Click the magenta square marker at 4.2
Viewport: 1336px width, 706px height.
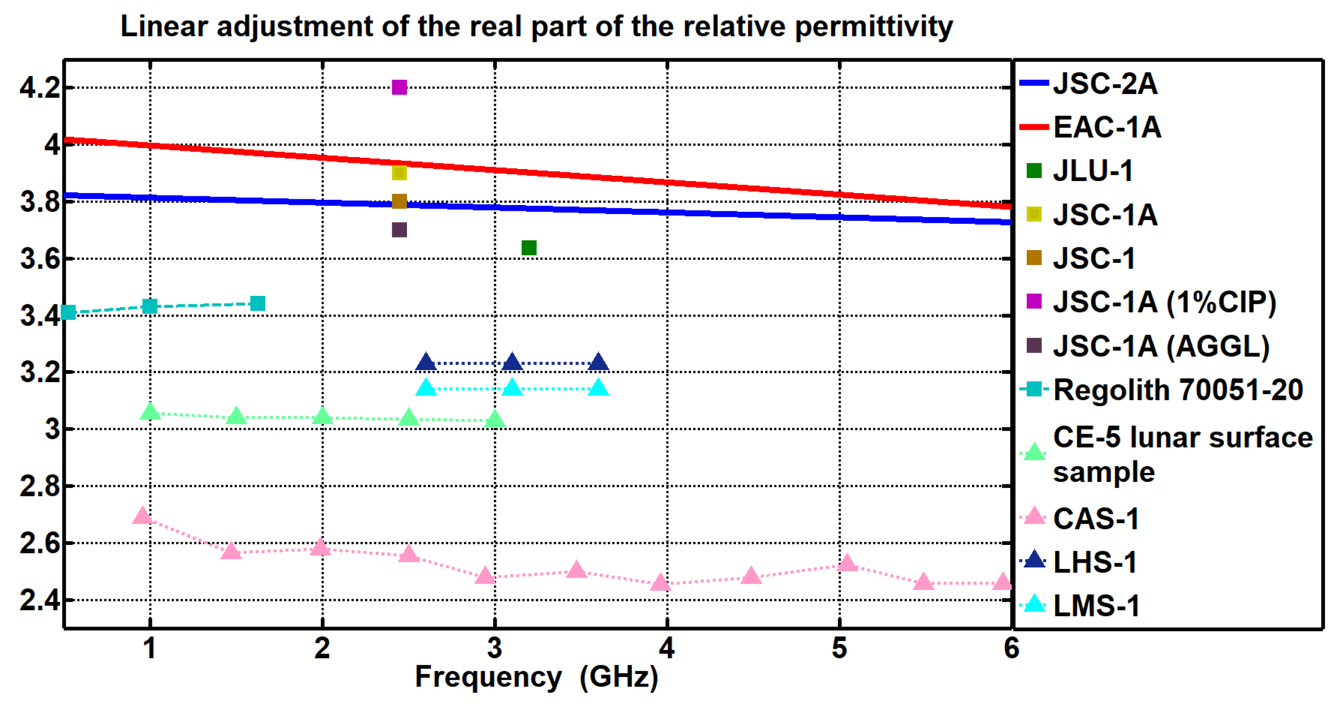click(x=399, y=87)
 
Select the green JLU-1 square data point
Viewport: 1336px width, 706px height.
click(x=528, y=248)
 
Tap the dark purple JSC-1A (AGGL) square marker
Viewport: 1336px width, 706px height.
click(x=399, y=230)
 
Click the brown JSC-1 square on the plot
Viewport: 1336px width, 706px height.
click(x=399, y=201)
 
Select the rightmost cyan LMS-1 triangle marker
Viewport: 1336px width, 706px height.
click(x=598, y=387)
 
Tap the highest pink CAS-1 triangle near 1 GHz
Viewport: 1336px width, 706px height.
click(x=142, y=516)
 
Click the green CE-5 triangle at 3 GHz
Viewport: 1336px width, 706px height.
click(x=495, y=419)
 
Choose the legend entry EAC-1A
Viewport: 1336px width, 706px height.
click(x=1107, y=127)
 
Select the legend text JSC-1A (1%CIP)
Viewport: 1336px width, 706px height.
click(x=1165, y=302)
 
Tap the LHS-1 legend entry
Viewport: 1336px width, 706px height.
click(x=1095, y=562)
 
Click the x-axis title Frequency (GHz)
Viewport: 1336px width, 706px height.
click(x=536, y=677)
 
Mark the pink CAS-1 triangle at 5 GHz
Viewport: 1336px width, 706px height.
click(x=847, y=563)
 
